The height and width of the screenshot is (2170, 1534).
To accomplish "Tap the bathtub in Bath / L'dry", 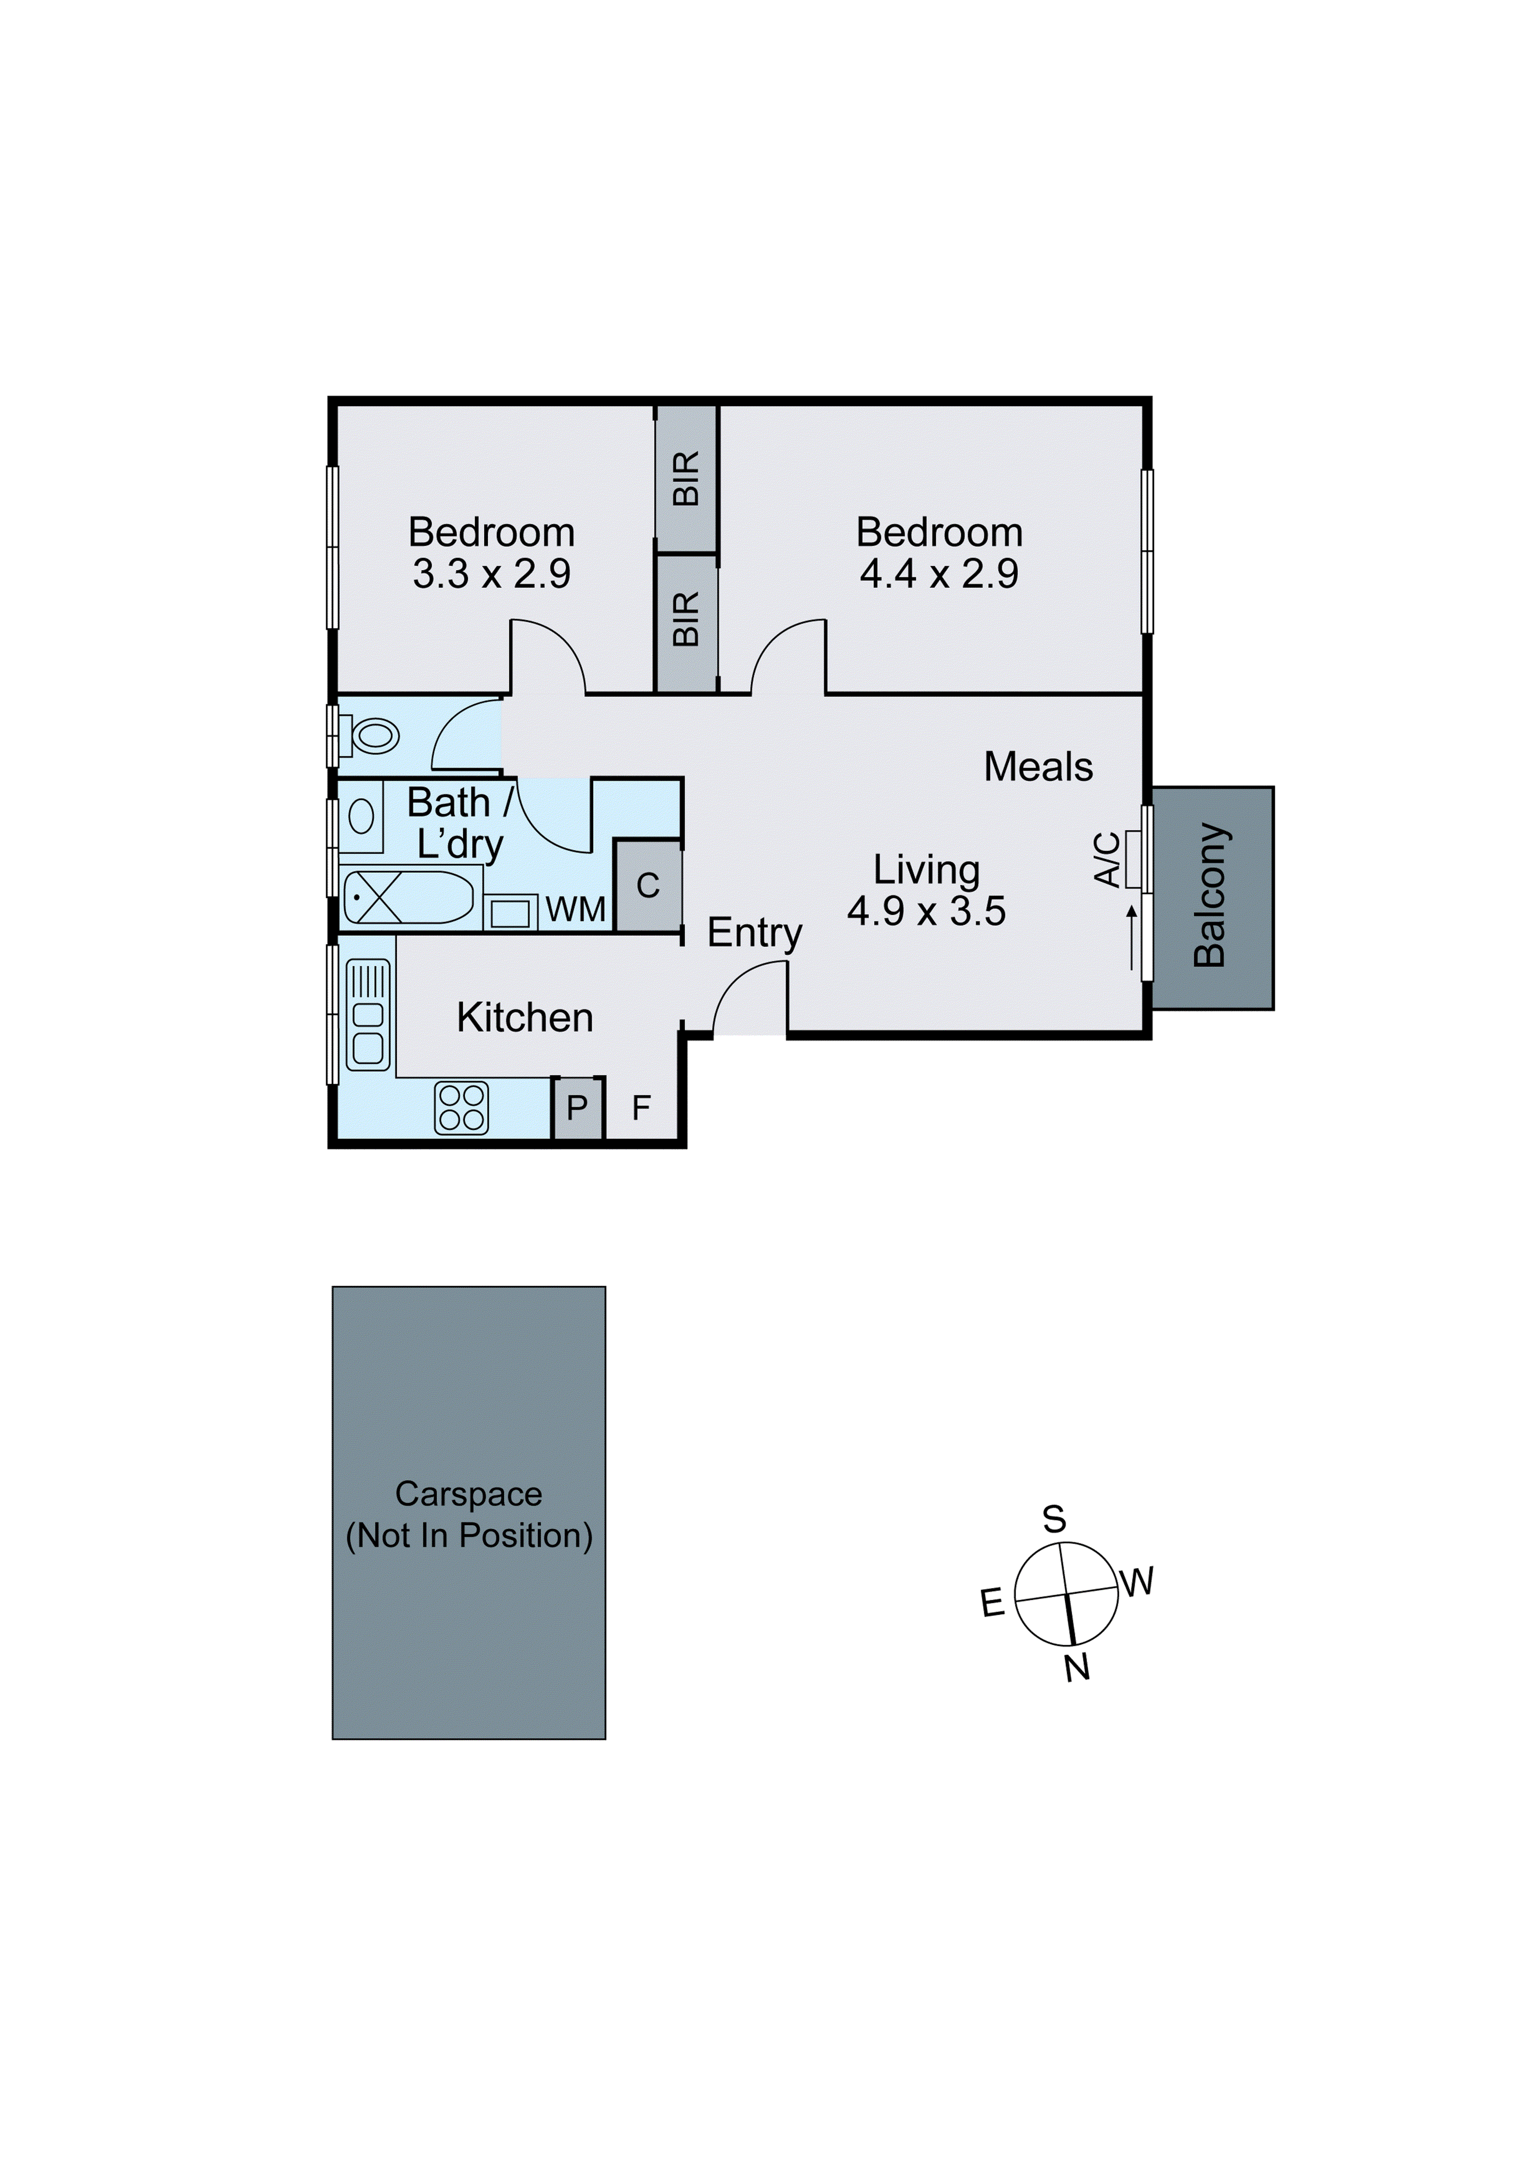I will click(409, 897).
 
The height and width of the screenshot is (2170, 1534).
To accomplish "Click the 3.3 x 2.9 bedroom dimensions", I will click(491, 574).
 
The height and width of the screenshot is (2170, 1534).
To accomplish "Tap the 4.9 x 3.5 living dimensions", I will click(926, 911).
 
